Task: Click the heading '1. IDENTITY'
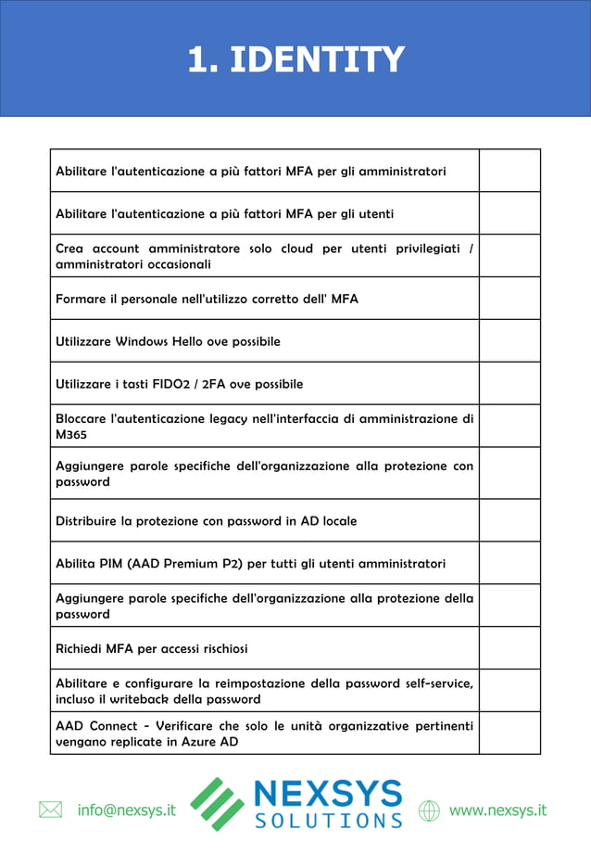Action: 295,59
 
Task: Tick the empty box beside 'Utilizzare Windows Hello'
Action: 509,341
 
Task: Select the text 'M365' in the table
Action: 71,434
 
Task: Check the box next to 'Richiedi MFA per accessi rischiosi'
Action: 509,648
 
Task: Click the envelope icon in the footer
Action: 50,810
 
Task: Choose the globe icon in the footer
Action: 429,810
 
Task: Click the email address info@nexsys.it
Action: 126,810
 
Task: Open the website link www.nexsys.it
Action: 497,810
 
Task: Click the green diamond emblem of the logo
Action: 218,803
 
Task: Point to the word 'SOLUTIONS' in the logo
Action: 328,821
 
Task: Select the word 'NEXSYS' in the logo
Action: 328,794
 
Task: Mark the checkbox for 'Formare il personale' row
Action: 509,299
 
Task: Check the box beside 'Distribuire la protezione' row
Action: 509,520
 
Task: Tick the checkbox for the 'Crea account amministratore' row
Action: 509,256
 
